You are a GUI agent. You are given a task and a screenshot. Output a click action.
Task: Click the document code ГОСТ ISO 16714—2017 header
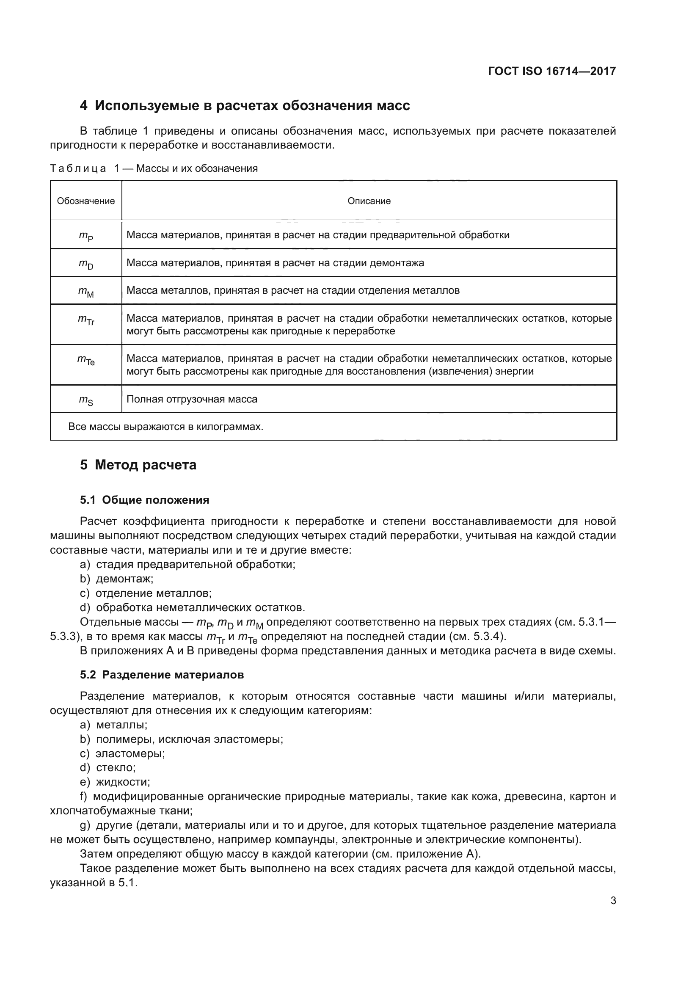click(552, 71)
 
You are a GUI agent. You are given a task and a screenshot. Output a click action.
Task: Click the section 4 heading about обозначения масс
click(245, 105)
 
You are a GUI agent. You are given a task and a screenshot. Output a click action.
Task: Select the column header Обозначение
click(86, 201)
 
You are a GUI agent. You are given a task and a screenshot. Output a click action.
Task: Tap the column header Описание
click(369, 201)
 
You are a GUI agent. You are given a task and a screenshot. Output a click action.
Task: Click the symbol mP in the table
click(86, 236)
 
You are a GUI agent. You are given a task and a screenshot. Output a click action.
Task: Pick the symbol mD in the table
click(86, 263)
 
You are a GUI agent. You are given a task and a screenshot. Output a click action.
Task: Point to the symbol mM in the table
click(86, 292)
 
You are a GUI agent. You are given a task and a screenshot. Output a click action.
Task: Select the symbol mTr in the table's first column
click(86, 320)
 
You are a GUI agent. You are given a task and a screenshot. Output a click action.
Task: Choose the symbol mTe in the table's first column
click(86, 360)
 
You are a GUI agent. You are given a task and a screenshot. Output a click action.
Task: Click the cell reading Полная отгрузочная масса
click(192, 399)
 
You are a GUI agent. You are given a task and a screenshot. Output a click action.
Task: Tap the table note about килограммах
click(165, 427)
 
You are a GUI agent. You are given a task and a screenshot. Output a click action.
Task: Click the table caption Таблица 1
click(154, 168)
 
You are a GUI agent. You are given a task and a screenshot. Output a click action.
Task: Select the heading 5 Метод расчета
click(138, 465)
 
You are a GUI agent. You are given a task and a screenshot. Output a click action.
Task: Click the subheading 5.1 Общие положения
click(144, 500)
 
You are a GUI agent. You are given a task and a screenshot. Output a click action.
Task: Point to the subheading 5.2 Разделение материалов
click(162, 675)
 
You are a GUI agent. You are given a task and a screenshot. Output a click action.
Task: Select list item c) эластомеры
click(122, 753)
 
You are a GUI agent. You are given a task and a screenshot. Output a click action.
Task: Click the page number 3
click(613, 901)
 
